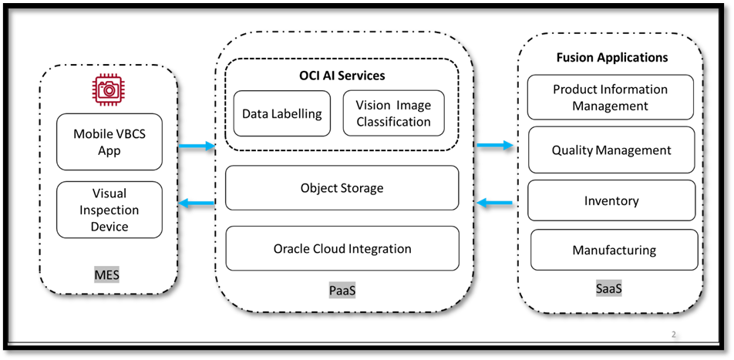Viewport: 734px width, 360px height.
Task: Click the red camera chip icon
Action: (x=109, y=91)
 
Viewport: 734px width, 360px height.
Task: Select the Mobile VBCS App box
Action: (x=109, y=142)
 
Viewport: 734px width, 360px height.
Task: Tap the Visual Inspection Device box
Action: (x=109, y=210)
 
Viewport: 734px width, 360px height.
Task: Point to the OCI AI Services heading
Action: (x=342, y=76)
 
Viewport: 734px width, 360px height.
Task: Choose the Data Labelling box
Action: (x=281, y=113)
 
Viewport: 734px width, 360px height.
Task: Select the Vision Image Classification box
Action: (x=393, y=113)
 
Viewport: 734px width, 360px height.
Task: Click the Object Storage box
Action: (x=342, y=187)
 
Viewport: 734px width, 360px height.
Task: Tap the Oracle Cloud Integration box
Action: (x=342, y=249)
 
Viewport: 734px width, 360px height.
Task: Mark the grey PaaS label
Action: (x=342, y=291)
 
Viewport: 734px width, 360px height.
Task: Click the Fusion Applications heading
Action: (x=612, y=57)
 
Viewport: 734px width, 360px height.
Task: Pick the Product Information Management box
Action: (x=610, y=97)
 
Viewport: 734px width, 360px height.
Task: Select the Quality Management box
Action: (x=611, y=150)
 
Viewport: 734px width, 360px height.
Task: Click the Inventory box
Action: (x=611, y=201)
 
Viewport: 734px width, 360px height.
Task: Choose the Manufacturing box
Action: (x=614, y=251)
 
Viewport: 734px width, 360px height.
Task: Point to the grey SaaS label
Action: (x=609, y=289)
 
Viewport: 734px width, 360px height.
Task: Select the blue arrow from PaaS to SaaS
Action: (x=495, y=145)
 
